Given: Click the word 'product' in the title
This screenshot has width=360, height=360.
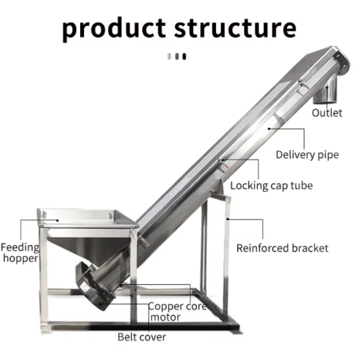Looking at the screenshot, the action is click(x=114, y=28).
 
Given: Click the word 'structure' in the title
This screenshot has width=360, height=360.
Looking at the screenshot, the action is click(x=235, y=28).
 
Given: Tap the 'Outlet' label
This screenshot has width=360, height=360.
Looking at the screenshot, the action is click(x=327, y=112).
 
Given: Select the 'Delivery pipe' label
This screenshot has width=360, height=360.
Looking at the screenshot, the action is click(x=307, y=155).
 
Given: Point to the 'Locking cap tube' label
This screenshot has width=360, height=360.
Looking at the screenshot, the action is click(x=271, y=185).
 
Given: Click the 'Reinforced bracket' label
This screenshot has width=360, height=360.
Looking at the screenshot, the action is click(x=282, y=248).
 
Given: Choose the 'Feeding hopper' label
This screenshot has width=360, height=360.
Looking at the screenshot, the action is click(x=20, y=253).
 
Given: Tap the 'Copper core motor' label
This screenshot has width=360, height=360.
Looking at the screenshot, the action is click(x=177, y=312).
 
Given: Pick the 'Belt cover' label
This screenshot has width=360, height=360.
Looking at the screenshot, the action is click(x=142, y=337).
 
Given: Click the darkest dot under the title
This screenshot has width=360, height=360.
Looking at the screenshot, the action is click(x=184, y=56).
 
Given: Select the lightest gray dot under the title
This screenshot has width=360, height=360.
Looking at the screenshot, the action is click(x=169, y=56).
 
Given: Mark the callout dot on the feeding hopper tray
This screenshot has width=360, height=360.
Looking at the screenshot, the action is click(x=58, y=220).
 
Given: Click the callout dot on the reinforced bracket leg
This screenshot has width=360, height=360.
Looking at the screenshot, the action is click(x=228, y=219).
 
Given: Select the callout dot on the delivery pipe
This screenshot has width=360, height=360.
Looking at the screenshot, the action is click(x=269, y=129).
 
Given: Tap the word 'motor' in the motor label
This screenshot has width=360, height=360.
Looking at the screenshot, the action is click(x=165, y=317).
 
